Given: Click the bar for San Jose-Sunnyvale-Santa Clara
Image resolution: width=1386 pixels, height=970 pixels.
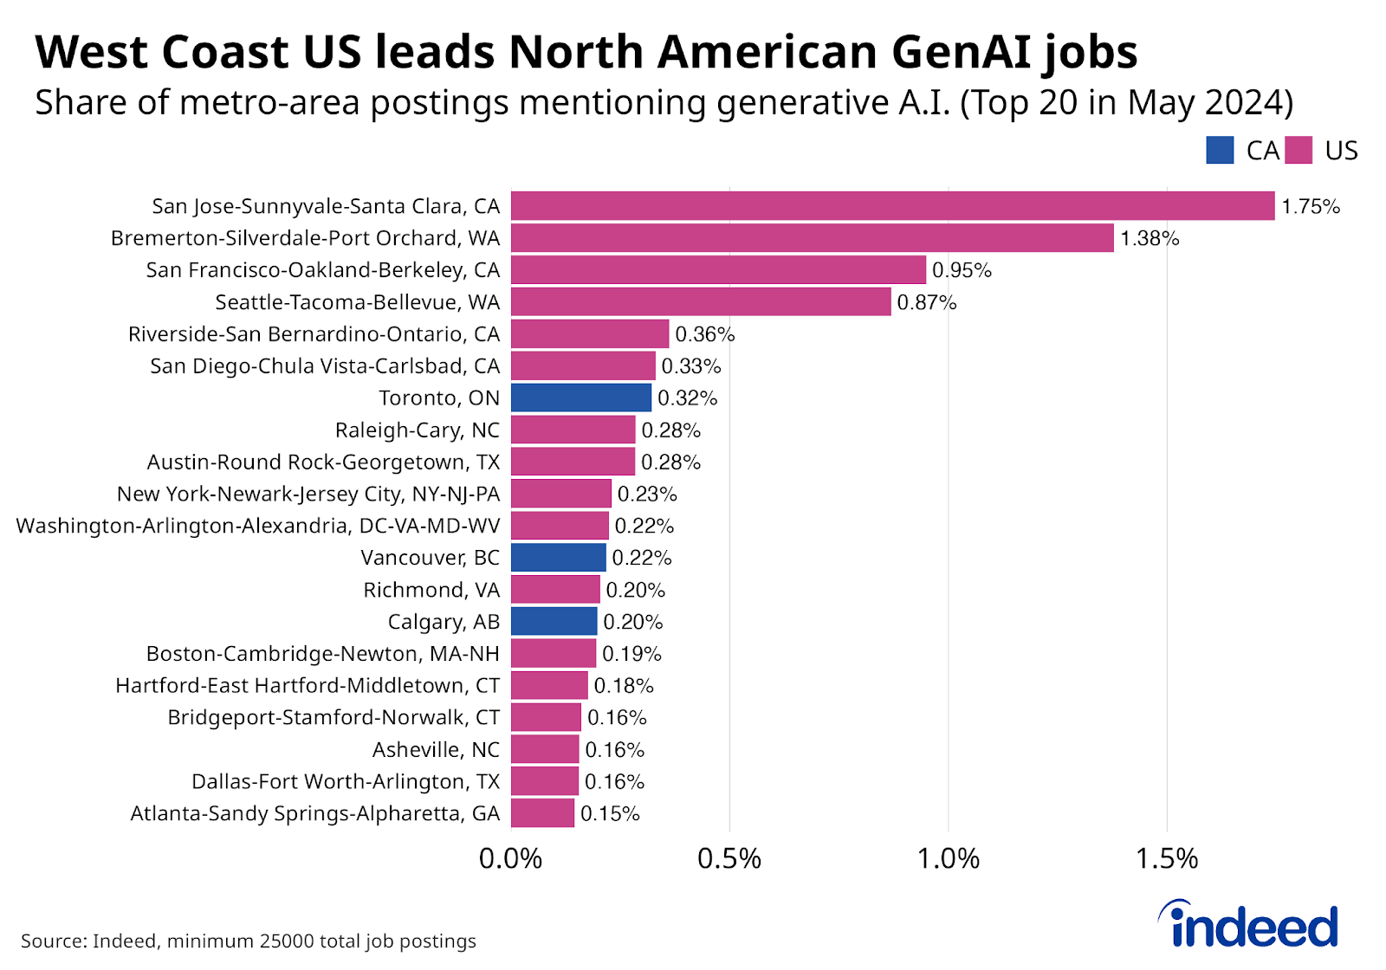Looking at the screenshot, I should pyautogui.click(x=892, y=206).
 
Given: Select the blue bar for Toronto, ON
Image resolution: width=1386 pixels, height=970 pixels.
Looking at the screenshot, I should pyautogui.click(x=581, y=398).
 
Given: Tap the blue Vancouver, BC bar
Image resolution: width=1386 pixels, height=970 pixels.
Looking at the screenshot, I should pyautogui.click(x=559, y=558).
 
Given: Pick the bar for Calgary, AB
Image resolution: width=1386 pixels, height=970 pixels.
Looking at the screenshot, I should pyautogui.click(x=554, y=622).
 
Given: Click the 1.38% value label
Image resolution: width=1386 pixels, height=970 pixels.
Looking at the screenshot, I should pyautogui.click(x=1150, y=238).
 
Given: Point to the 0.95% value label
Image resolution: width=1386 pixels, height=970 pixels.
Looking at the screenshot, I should pyautogui.click(x=962, y=270).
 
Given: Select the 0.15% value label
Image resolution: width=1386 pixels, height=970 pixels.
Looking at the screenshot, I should pyautogui.click(x=610, y=813).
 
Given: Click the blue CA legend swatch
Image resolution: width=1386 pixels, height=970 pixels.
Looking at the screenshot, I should pyautogui.click(x=1220, y=151).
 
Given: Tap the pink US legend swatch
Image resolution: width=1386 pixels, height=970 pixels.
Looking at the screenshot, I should pyautogui.click(x=1299, y=151).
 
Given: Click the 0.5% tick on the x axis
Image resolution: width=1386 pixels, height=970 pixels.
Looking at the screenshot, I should pyautogui.click(x=729, y=858).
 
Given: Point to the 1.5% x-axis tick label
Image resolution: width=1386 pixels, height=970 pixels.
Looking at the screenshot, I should pyautogui.click(x=1167, y=858).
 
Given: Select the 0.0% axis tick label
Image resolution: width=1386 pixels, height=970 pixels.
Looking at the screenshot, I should pyautogui.click(x=511, y=858).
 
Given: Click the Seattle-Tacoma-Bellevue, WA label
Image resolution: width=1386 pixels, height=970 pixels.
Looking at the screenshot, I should pyautogui.click(x=358, y=302).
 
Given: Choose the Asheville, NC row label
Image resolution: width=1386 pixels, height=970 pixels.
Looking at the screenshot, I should pyautogui.click(x=436, y=749).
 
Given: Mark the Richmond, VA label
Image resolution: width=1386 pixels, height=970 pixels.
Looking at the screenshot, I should pyautogui.click(x=431, y=590).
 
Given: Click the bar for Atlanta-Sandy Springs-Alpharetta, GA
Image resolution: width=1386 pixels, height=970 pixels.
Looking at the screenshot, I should pyautogui.click(x=542, y=813).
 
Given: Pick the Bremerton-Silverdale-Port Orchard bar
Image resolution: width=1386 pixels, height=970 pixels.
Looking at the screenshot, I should pyautogui.click(x=812, y=238).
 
